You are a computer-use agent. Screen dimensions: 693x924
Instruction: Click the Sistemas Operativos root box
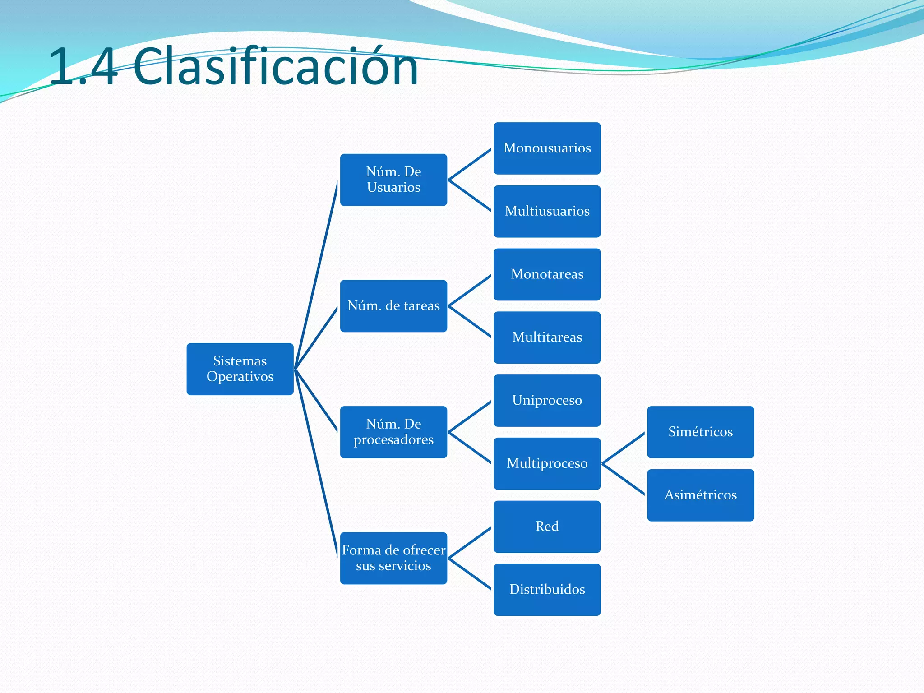point(240,369)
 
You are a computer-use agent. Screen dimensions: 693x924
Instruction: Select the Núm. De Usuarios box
point(393,180)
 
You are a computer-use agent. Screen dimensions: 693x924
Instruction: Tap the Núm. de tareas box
point(393,306)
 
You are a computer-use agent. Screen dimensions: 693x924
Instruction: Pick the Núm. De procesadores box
point(393,432)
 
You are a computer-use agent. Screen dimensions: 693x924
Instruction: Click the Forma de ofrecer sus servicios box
point(393,558)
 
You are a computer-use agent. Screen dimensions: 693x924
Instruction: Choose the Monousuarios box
point(547,148)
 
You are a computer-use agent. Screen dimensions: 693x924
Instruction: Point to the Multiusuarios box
point(547,211)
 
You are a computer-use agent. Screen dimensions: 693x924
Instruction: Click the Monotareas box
point(547,274)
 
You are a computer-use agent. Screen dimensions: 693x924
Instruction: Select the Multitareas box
point(547,337)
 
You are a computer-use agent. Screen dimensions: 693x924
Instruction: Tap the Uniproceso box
point(547,401)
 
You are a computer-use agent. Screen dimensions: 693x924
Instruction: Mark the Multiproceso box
point(547,463)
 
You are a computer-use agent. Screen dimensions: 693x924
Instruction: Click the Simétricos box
point(700,432)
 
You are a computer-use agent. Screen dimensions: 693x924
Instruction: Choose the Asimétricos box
point(700,495)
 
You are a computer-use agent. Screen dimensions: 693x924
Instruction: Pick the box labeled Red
point(547,527)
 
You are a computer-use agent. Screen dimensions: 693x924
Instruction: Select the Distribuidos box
point(547,590)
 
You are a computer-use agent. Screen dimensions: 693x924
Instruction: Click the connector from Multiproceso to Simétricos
point(624,448)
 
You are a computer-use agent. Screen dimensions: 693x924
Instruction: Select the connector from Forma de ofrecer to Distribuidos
point(470,574)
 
